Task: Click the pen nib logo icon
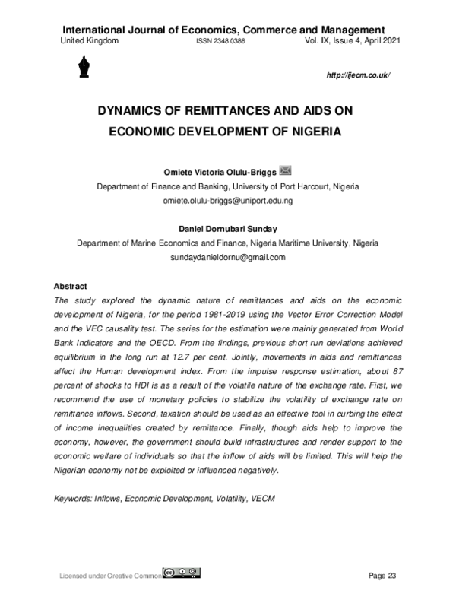(82, 69)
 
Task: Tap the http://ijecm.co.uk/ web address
(357, 77)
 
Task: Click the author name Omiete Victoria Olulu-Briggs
(220, 171)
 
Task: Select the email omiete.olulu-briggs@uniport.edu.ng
(228, 201)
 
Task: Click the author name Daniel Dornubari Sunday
(227, 228)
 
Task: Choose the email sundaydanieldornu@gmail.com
(227, 257)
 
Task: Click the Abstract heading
(71, 286)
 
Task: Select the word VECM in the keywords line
(262, 499)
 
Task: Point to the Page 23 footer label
(383, 574)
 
